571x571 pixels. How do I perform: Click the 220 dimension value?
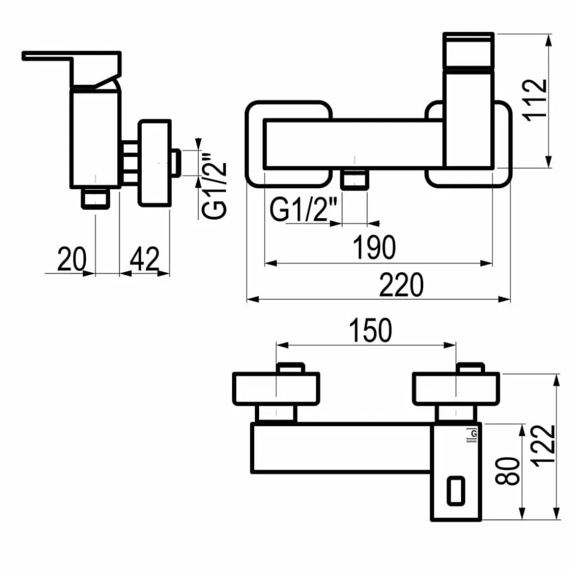[401, 285]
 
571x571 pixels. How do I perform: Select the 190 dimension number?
[374, 247]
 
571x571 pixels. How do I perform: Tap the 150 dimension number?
[370, 330]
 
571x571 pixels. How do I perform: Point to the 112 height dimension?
[535, 99]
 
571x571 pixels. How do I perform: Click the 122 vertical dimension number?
[543, 446]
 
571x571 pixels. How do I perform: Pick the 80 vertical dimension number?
[507, 471]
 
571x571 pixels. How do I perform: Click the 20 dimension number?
[72, 259]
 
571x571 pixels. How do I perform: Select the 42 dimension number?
[145, 259]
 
